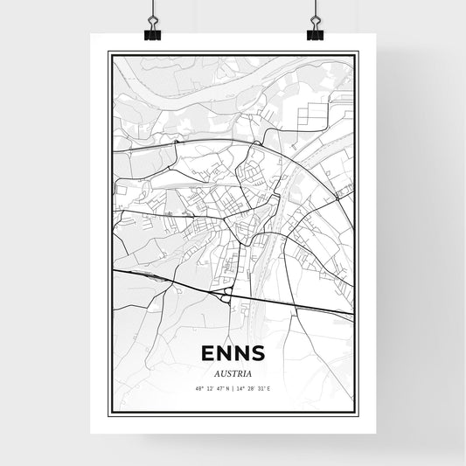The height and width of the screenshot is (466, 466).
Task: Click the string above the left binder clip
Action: tap(152, 7)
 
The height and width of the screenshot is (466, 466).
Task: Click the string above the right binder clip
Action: tap(315, 7)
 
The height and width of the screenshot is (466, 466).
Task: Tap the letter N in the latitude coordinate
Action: tap(226, 390)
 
